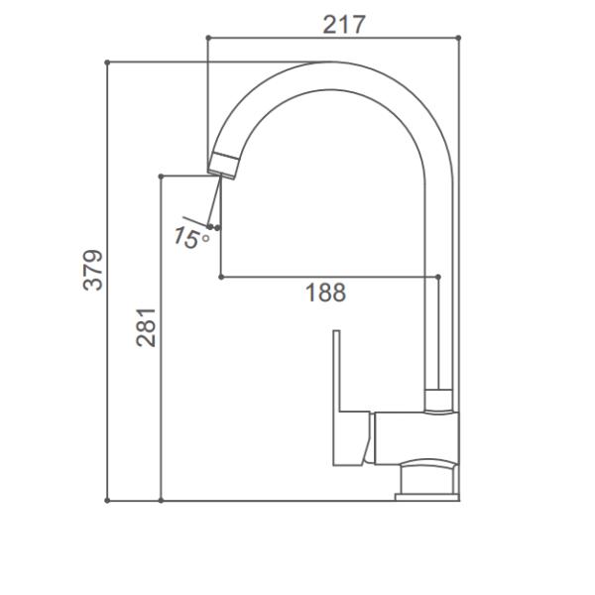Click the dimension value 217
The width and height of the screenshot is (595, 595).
(x=344, y=24)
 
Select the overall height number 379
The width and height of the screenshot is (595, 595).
(x=92, y=270)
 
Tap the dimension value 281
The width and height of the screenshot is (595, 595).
(x=147, y=326)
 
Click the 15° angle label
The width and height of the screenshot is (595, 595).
(x=189, y=237)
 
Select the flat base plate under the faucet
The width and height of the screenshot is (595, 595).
(x=426, y=495)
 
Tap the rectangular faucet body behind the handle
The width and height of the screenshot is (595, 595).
(x=417, y=436)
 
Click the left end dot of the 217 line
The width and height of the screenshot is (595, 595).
(x=207, y=38)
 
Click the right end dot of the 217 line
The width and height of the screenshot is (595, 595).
(x=459, y=38)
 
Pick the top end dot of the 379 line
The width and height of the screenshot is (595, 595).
(x=107, y=61)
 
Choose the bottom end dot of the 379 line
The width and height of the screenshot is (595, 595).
(x=107, y=501)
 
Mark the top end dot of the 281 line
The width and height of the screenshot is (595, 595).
(x=161, y=176)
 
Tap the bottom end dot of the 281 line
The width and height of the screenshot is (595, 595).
(x=161, y=501)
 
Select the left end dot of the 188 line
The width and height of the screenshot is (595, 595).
(x=219, y=276)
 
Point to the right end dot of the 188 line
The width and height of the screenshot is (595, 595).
(x=437, y=276)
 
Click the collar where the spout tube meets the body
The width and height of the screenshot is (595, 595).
(x=437, y=400)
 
